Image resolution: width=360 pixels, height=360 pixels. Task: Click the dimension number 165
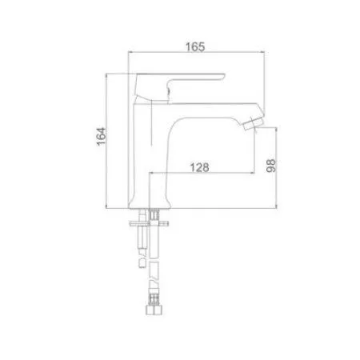click(197, 46)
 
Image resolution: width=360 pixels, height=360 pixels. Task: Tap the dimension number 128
click(199, 168)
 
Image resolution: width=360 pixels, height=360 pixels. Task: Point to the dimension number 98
click(273, 166)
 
